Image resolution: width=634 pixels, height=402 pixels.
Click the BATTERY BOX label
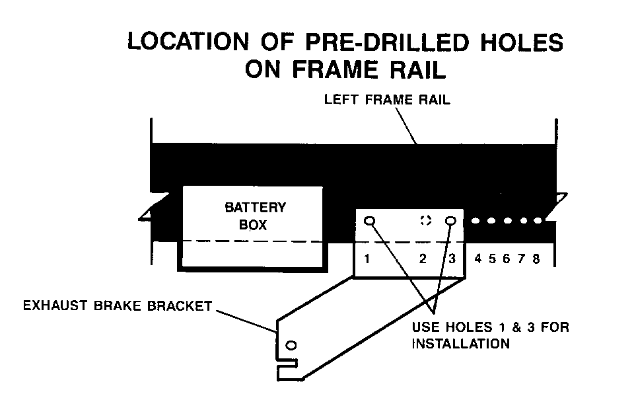255,216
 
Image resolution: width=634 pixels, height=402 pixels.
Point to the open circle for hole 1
370,220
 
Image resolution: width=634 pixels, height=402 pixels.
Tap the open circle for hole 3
452,220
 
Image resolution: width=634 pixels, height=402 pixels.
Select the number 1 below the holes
367,259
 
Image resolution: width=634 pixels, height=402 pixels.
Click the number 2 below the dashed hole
423,259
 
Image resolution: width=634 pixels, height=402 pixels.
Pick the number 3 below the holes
452,259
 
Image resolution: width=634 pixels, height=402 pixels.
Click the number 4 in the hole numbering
477,259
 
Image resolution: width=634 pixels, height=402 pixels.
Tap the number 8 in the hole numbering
536,259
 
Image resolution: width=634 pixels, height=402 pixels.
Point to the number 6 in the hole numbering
507,259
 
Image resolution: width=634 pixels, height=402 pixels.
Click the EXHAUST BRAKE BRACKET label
117,305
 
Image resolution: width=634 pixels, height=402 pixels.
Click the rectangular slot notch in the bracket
289,364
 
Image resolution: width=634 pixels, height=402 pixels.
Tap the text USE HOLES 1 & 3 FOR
490,327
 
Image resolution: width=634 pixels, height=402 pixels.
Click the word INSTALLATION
460,344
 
